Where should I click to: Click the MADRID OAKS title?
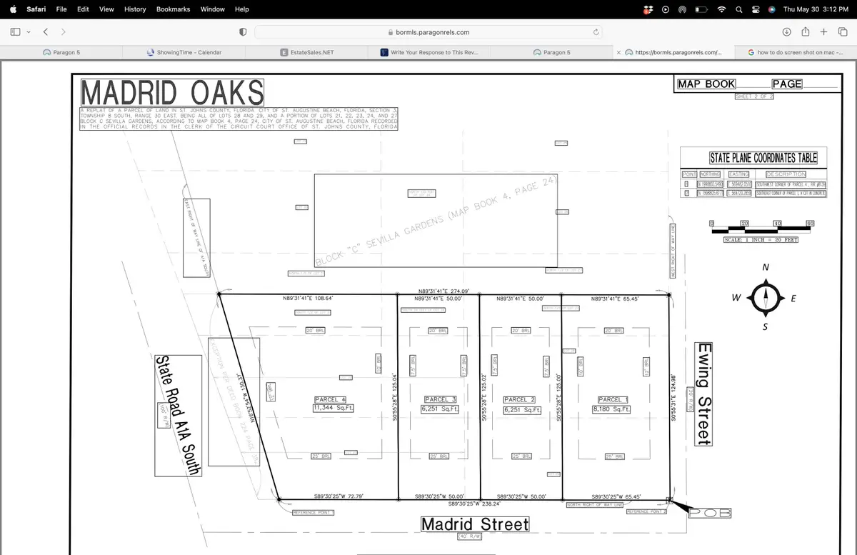point(172,94)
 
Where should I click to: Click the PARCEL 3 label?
point(440,399)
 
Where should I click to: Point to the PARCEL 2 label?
point(520,400)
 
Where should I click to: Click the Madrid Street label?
point(475,525)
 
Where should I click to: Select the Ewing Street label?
point(704,394)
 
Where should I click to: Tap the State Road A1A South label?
point(179,415)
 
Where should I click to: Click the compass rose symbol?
point(766,298)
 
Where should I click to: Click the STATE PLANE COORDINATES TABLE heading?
point(763,158)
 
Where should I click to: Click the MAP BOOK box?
point(706,84)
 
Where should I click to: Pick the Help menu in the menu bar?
point(241,9)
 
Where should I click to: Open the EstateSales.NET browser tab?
point(307,52)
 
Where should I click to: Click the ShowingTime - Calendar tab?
point(184,52)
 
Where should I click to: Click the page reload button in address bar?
point(596,32)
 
